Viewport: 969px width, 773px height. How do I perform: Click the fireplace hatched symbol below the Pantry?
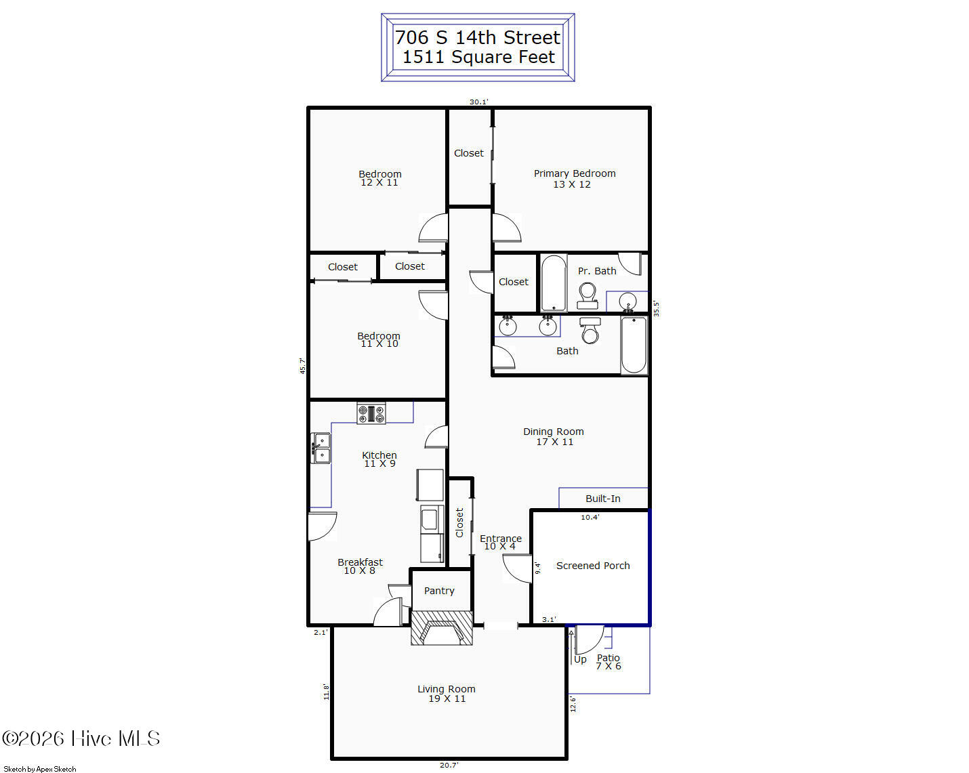[x=442, y=628]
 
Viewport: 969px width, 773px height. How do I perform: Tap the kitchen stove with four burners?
[x=371, y=413]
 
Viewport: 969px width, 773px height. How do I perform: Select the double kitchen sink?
[x=321, y=448]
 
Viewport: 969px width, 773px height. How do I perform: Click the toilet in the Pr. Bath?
[x=587, y=296]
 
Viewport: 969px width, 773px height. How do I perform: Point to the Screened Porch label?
[x=593, y=566]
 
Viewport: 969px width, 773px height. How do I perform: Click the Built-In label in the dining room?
[x=603, y=499]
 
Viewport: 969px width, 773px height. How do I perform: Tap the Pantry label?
[x=439, y=591]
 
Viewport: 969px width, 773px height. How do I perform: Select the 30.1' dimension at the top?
[x=478, y=102]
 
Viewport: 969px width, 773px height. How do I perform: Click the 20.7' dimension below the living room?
[x=449, y=765]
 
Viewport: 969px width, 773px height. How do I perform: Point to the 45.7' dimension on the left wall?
[x=303, y=366]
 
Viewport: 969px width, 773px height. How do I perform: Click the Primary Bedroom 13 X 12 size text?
[x=572, y=184]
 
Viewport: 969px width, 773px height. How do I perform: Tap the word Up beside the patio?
[x=580, y=660]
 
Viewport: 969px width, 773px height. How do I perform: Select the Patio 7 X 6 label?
[x=609, y=663]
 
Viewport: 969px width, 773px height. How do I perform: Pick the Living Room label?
[x=447, y=689]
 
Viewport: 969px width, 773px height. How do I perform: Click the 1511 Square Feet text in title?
[x=478, y=57]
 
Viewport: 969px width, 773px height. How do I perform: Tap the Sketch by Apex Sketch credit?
[x=39, y=769]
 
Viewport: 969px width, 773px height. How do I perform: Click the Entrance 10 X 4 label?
[x=500, y=542]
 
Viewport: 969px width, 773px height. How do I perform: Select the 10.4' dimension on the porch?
[x=590, y=518]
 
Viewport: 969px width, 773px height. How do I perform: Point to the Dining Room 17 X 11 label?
[x=554, y=437]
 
